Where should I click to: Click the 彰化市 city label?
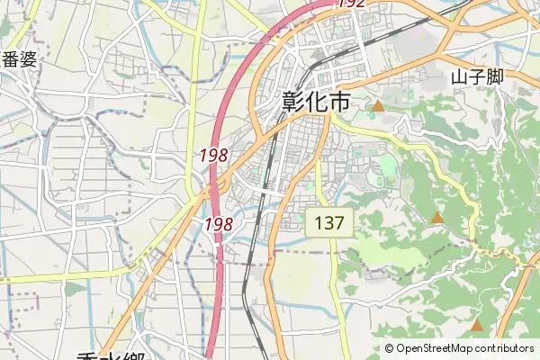(316, 102)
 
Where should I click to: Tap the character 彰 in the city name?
(293, 102)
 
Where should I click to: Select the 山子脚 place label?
(477, 77)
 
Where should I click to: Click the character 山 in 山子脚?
(460, 77)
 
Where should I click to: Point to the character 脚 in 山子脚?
(494, 77)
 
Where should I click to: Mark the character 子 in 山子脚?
(477, 77)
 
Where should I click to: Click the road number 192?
(352, 4)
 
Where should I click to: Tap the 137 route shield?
(329, 223)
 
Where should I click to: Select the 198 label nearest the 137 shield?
(220, 223)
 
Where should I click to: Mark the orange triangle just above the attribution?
(476, 325)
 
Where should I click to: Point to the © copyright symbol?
(390, 349)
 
